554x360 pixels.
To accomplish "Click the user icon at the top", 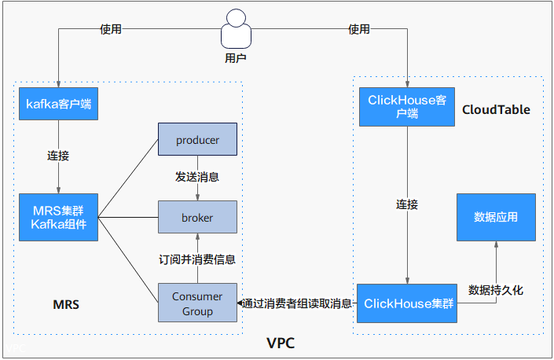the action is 236,28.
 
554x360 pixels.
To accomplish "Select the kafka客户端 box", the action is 59,104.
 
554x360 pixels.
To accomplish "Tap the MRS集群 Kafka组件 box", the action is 59,217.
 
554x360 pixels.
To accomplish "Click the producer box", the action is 197,139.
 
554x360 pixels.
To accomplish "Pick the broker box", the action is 197,217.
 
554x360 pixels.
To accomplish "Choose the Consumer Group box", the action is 197,303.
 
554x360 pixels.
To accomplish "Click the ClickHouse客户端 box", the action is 407,107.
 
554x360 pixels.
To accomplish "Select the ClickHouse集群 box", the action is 407,303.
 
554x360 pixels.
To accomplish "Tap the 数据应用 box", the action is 496,217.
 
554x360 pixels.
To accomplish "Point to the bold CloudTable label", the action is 496,109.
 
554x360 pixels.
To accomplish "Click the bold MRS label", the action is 66,304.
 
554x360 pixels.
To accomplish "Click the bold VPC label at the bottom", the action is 281,343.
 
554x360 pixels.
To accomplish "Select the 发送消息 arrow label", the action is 197,177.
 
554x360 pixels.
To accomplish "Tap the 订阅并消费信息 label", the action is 197,259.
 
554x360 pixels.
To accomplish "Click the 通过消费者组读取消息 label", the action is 297,303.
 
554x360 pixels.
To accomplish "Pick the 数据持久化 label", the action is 496,290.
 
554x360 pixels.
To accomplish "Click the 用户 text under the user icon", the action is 236,58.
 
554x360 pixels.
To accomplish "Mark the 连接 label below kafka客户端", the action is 58,156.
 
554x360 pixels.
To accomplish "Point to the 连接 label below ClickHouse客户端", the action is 407,204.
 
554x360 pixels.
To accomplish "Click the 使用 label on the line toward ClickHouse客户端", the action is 359,29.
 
